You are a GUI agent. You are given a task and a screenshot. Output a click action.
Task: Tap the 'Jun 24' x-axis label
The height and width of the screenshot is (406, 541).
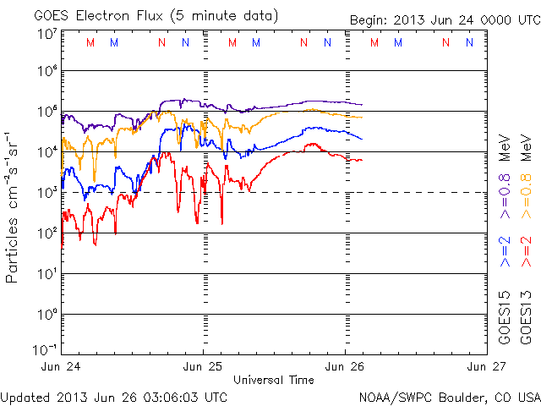[x=61, y=366]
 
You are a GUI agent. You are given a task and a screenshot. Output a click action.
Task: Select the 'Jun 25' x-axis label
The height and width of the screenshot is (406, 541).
[x=204, y=366]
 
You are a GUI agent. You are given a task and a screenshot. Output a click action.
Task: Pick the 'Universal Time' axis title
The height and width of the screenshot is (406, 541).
[x=273, y=380]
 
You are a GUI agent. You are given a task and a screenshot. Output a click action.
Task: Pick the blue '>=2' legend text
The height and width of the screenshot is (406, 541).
[x=505, y=252]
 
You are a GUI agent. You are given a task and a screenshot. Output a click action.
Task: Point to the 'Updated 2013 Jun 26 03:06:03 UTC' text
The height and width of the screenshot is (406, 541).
[x=115, y=396]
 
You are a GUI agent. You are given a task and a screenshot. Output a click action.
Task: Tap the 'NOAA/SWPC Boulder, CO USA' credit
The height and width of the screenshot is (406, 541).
[x=449, y=396]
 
